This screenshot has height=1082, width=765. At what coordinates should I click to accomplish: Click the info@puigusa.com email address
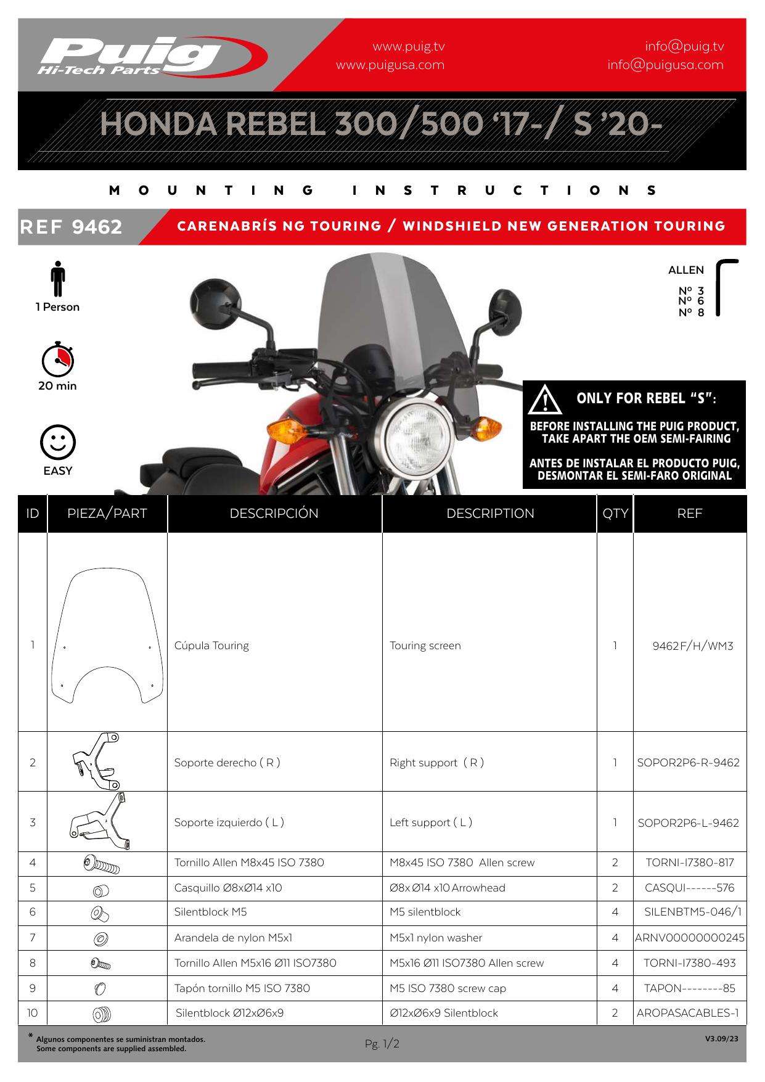pyautogui.click(x=665, y=65)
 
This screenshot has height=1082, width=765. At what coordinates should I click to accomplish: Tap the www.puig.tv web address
pyautogui.click(x=408, y=47)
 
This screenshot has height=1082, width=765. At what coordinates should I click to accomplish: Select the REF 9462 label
pyautogui.click(x=72, y=227)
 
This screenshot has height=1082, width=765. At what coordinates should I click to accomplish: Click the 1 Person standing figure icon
pyautogui.click(x=58, y=279)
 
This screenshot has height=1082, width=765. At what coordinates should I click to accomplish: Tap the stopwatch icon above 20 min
pyautogui.click(x=57, y=359)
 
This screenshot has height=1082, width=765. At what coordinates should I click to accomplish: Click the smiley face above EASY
pyautogui.click(x=58, y=442)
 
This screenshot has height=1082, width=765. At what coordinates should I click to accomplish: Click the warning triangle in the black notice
pyautogui.click(x=545, y=400)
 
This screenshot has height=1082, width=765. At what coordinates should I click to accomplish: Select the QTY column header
pyautogui.click(x=615, y=514)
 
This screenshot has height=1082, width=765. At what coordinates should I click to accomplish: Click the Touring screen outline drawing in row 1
pyautogui.click(x=107, y=634)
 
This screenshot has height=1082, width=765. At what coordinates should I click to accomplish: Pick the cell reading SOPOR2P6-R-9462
pyautogui.click(x=689, y=763)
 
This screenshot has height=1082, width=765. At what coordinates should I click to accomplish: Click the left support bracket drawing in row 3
pyautogui.click(x=100, y=822)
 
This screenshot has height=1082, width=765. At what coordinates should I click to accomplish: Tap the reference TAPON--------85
pyautogui.click(x=689, y=988)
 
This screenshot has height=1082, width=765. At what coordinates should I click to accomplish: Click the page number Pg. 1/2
pyautogui.click(x=382, y=1044)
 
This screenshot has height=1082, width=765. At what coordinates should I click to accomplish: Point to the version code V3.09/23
pyautogui.click(x=721, y=1039)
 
